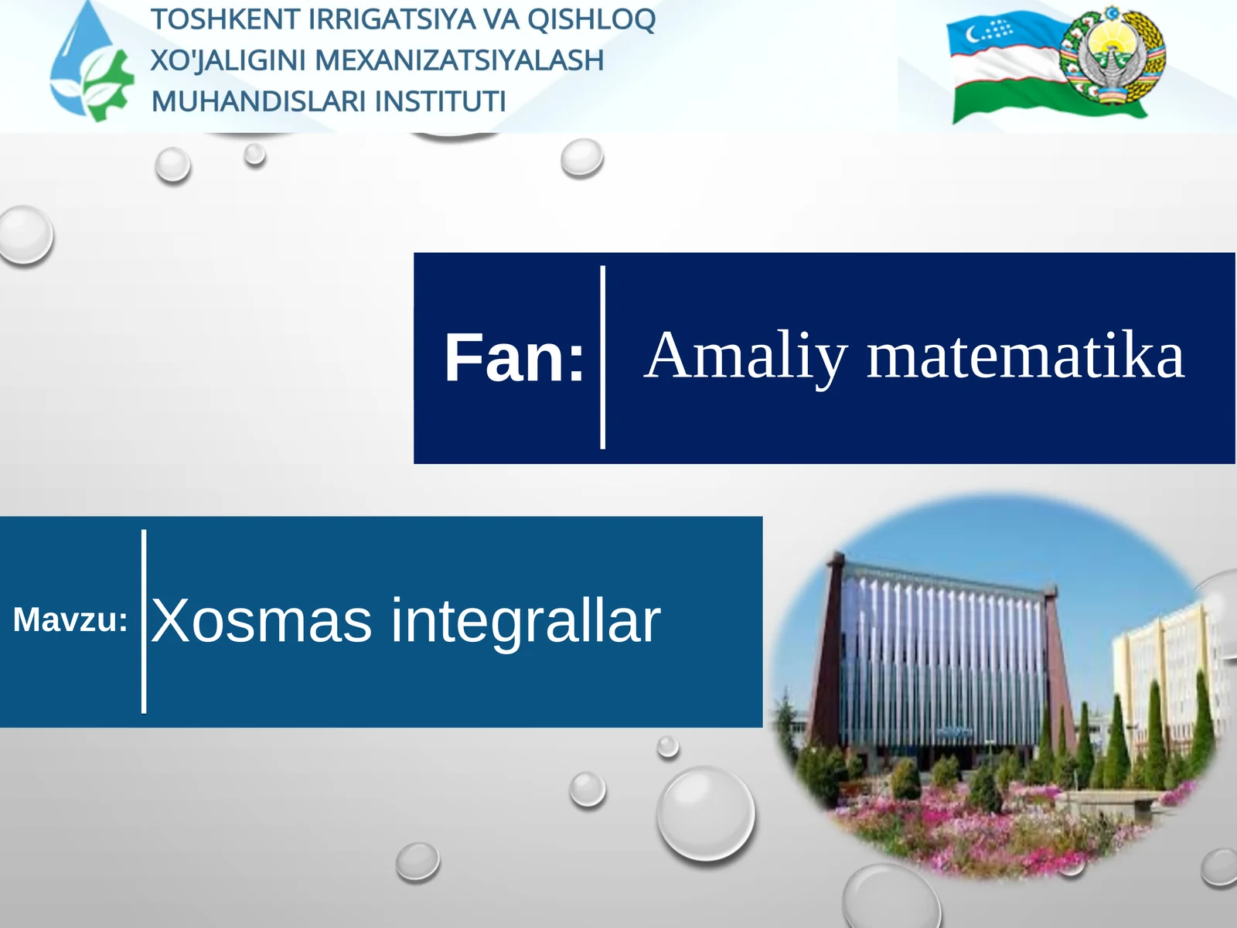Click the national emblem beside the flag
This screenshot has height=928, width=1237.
click(x=1113, y=59)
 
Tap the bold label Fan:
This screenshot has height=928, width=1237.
click(x=513, y=358)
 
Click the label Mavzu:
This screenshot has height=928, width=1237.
click(x=70, y=620)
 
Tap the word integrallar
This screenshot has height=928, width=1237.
click(x=525, y=620)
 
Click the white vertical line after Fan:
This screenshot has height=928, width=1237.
click(x=603, y=357)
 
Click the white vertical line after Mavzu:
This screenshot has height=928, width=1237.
click(x=144, y=621)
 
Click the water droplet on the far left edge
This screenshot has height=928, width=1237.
click(x=25, y=234)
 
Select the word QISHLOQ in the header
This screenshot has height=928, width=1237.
click(x=591, y=20)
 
